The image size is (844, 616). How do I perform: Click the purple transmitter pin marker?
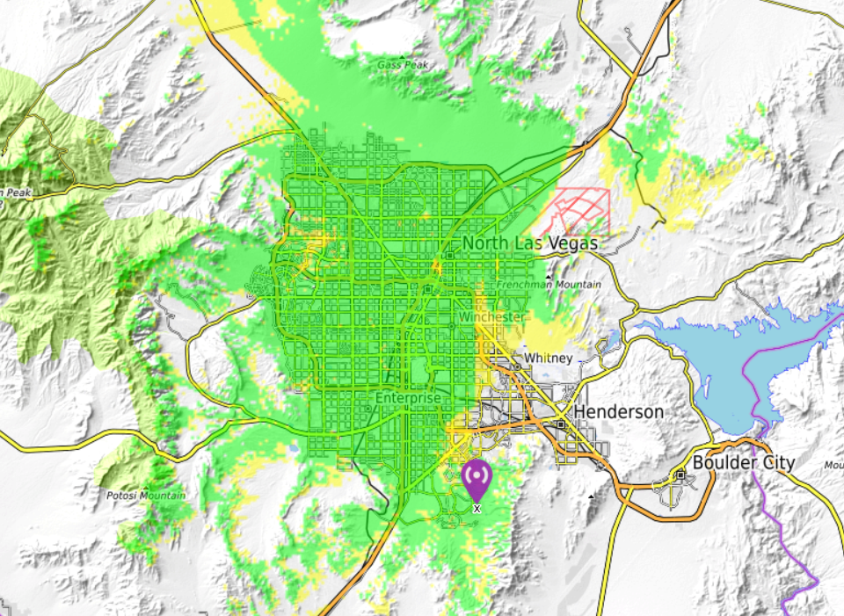point(477,477)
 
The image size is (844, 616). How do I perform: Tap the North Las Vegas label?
point(530,243)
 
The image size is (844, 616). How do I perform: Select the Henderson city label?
point(618,411)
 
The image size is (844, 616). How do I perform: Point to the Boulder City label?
point(744,462)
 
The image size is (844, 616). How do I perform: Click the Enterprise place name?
point(407,398)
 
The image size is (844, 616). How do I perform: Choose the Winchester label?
point(492,316)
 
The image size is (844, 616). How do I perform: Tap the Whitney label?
point(549,358)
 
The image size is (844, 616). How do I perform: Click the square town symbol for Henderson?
point(561,424)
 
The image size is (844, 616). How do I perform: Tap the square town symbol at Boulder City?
point(680,475)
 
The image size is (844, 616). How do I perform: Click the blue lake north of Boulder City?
point(730,360)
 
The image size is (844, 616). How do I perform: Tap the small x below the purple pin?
point(477,509)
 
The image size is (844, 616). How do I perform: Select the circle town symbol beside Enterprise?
point(367,408)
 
